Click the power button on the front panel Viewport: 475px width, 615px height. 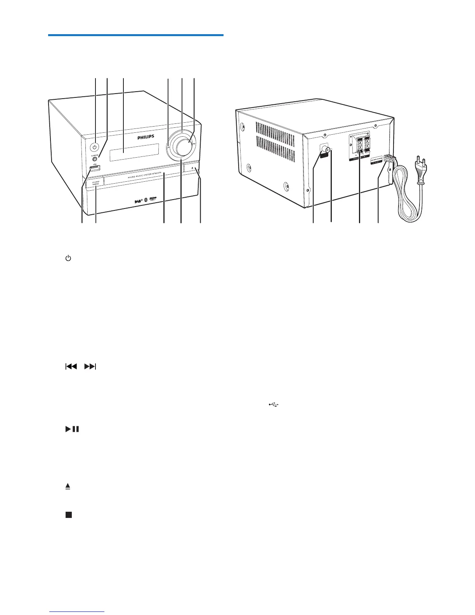[x=94, y=147]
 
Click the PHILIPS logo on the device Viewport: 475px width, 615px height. [x=146, y=137]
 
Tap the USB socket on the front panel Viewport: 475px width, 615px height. [x=94, y=168]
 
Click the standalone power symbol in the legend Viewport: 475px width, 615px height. [x=68, y=258]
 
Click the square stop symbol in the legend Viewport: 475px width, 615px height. [x=69, y=515]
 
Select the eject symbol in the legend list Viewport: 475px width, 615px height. [x=68, y=486]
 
